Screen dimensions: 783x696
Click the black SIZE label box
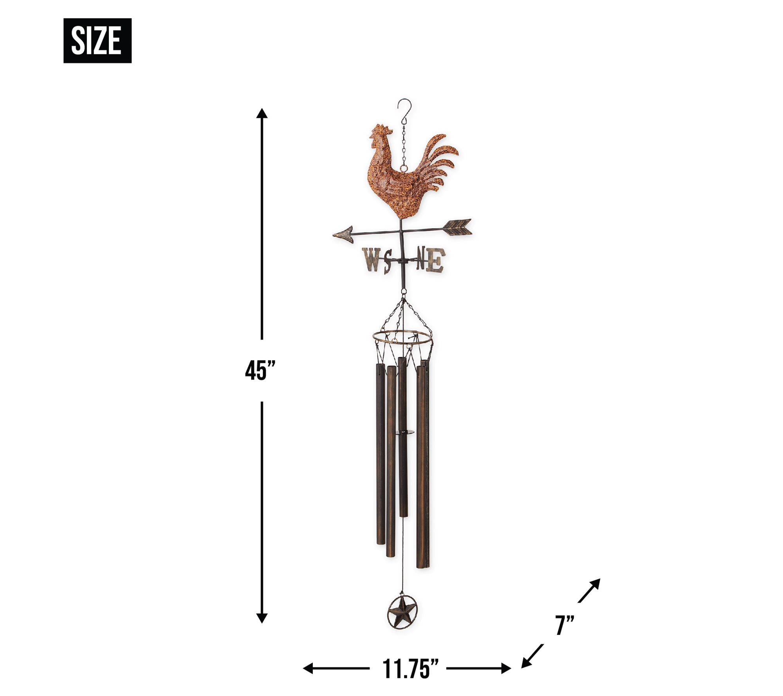pos(97,41)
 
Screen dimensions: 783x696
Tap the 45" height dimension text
pos(260,370)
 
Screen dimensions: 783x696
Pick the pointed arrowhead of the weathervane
pos(343,234)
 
